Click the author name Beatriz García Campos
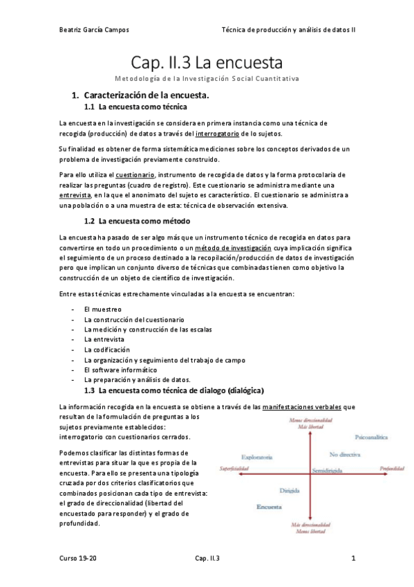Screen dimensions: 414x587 click(93, 30)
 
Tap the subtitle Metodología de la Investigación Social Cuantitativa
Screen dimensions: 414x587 click(207, 79)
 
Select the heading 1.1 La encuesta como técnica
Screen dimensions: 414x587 click(135, 107)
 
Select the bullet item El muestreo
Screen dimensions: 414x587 click(102, 309)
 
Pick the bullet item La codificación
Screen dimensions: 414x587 click(106, 350)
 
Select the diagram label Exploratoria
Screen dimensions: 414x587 click(256, 457)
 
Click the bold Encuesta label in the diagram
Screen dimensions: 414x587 click(267, 506)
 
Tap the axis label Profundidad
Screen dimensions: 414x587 click(391, 469)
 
